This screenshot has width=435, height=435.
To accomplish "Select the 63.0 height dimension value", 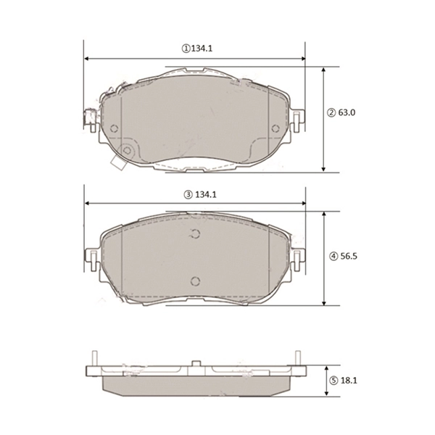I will tap(349, 112).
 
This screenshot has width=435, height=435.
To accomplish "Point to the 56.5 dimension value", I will tap(350, 256).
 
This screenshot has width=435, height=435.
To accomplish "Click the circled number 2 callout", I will tap(331, 112).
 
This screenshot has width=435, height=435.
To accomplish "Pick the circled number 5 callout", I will tap(332, 380).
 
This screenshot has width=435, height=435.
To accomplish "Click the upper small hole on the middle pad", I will tap(194, 233).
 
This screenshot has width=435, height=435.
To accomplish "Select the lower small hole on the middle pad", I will tap(194, 281).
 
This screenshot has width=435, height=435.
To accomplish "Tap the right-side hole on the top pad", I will tap(274, 128).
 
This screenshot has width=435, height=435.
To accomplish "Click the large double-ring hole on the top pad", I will tap(128, 150).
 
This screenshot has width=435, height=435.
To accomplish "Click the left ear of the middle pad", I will tap(91, 257).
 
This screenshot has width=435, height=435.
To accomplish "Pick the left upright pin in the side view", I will tap(94, 359).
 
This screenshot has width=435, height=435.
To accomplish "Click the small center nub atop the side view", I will tap(196, 363).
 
